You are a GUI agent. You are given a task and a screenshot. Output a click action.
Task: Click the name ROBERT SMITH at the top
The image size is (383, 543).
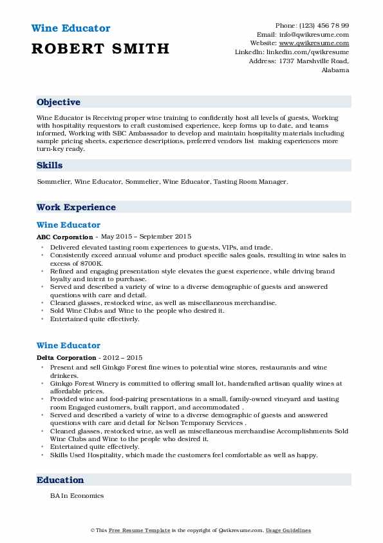[100, 48]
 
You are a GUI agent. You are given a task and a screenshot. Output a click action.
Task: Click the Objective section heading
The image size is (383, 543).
[59, 102]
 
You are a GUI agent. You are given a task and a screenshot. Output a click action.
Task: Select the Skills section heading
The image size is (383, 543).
[50, 165]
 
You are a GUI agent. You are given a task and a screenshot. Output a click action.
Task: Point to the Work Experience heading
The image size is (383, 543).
[76, 207]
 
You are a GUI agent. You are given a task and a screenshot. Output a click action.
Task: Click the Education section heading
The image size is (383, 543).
[61, 480]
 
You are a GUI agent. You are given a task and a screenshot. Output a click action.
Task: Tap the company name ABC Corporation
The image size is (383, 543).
[64, 237]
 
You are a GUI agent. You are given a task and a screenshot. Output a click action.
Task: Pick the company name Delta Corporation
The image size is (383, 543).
[66, 358]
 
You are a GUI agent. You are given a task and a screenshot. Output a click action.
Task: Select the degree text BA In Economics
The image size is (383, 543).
[77, 496]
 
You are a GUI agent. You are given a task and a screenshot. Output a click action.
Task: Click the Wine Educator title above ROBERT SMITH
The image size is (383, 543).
[70, 28]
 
